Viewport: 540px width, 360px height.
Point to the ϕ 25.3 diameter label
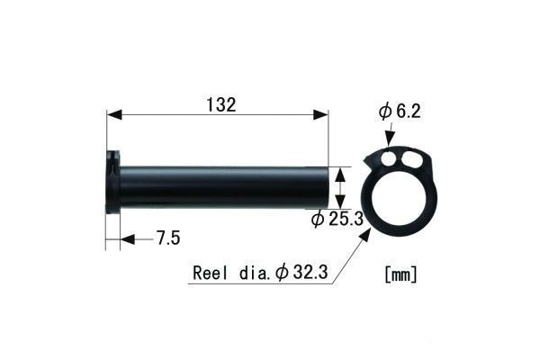[335, 218]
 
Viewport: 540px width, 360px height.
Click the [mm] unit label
[400, 271]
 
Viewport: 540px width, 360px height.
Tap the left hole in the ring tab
[388, 159]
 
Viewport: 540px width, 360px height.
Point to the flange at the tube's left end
[112, 181]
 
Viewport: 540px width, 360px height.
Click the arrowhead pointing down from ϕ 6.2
[390, 139]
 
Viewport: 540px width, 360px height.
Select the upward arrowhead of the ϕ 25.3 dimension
[340, 170]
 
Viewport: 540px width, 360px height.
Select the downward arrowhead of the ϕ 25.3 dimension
[340, 202]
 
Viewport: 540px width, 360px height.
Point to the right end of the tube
[326, 186]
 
